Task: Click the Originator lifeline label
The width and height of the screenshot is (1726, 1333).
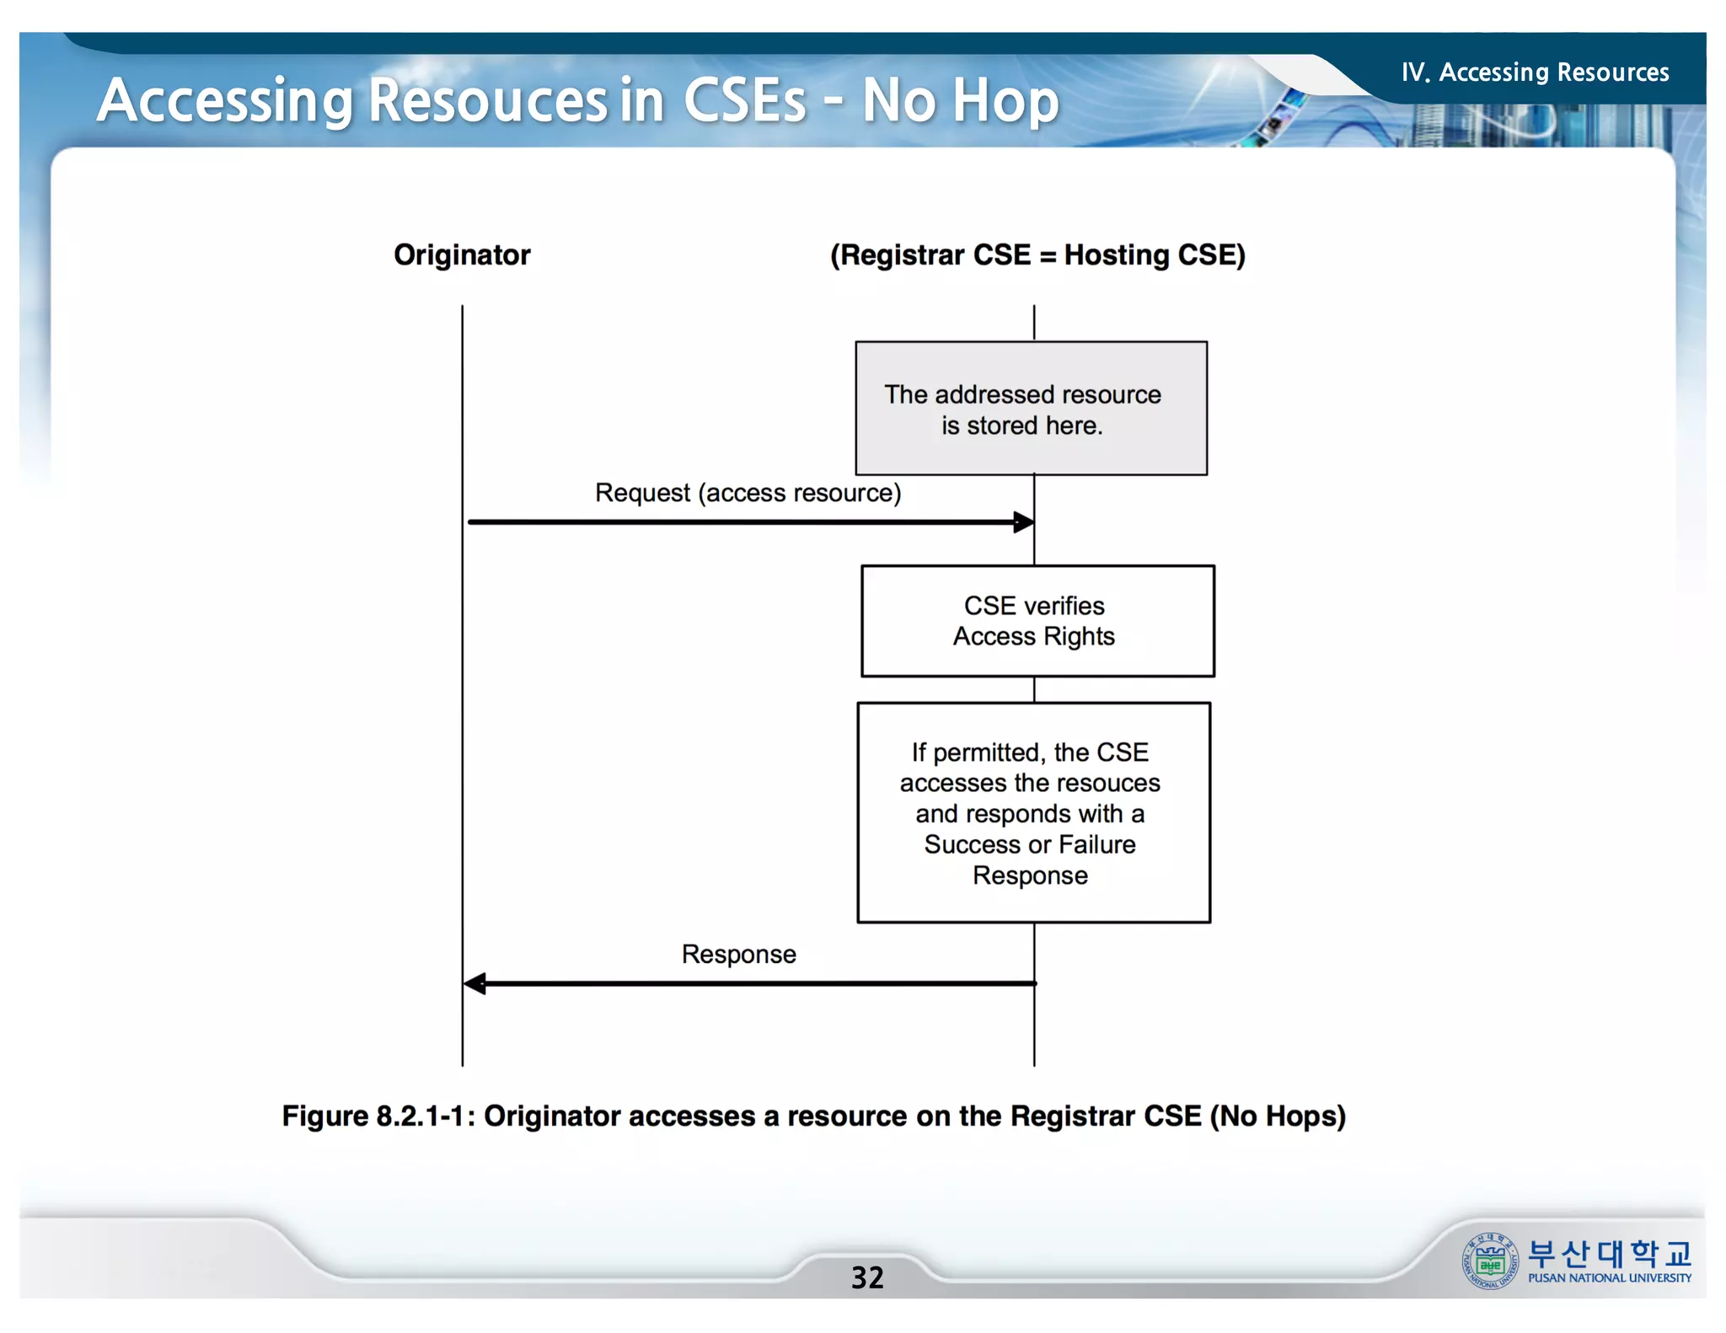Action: pos(462,255)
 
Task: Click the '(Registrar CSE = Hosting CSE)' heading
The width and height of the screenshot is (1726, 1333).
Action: pos(1037,255)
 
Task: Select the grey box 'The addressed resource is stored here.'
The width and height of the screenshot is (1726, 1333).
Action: pos(1031,409)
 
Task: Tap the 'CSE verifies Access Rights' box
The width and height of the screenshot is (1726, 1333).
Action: pos(1037,621)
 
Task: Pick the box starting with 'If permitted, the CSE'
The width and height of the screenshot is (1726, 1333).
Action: pos(1033,812)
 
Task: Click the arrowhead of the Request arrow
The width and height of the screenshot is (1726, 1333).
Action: pos(1023,522)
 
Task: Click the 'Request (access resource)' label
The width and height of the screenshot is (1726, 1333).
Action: pos(748,493)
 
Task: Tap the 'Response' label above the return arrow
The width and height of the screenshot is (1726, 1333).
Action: pos(738,954)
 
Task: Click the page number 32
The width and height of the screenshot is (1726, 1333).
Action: pos(867,1277)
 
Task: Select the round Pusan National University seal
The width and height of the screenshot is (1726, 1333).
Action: pos(1489,1261)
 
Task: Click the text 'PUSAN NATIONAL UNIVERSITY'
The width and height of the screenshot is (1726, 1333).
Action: pos(1609,1278)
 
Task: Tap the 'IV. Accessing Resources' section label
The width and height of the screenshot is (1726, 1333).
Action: pos(1535,72)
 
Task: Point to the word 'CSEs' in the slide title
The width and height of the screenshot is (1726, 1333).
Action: pos(744,101)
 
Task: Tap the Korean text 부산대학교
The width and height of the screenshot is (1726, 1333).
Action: pos(1609,1254)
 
